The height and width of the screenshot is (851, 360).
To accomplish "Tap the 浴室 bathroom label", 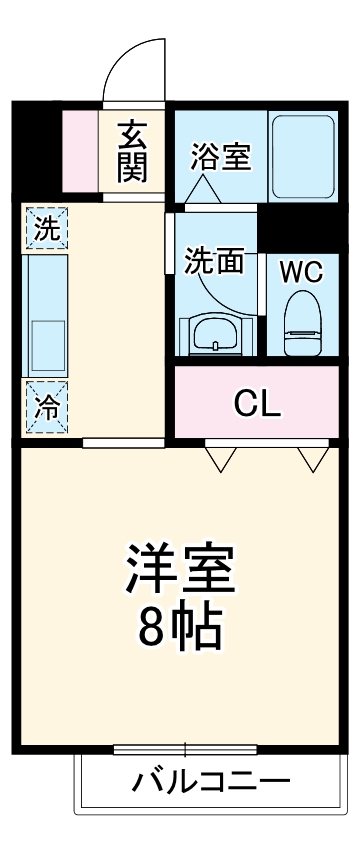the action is click(x=220, y=157).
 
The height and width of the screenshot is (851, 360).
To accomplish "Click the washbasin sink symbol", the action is click(x=213, y=334).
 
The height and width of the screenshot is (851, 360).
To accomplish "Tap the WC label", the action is click(x=301, y=273).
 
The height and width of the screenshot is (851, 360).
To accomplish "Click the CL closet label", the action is click(x=258, y=403).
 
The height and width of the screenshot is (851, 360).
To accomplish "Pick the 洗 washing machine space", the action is click(x=46, y=227).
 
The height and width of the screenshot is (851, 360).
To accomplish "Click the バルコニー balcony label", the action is click(x=212, y=781).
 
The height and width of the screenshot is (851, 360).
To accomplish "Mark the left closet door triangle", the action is click(x=221, y=457).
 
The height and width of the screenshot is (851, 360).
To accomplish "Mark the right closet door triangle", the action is click(x=313, y=457).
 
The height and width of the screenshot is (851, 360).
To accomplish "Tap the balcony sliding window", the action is click(x=185, y=749).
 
